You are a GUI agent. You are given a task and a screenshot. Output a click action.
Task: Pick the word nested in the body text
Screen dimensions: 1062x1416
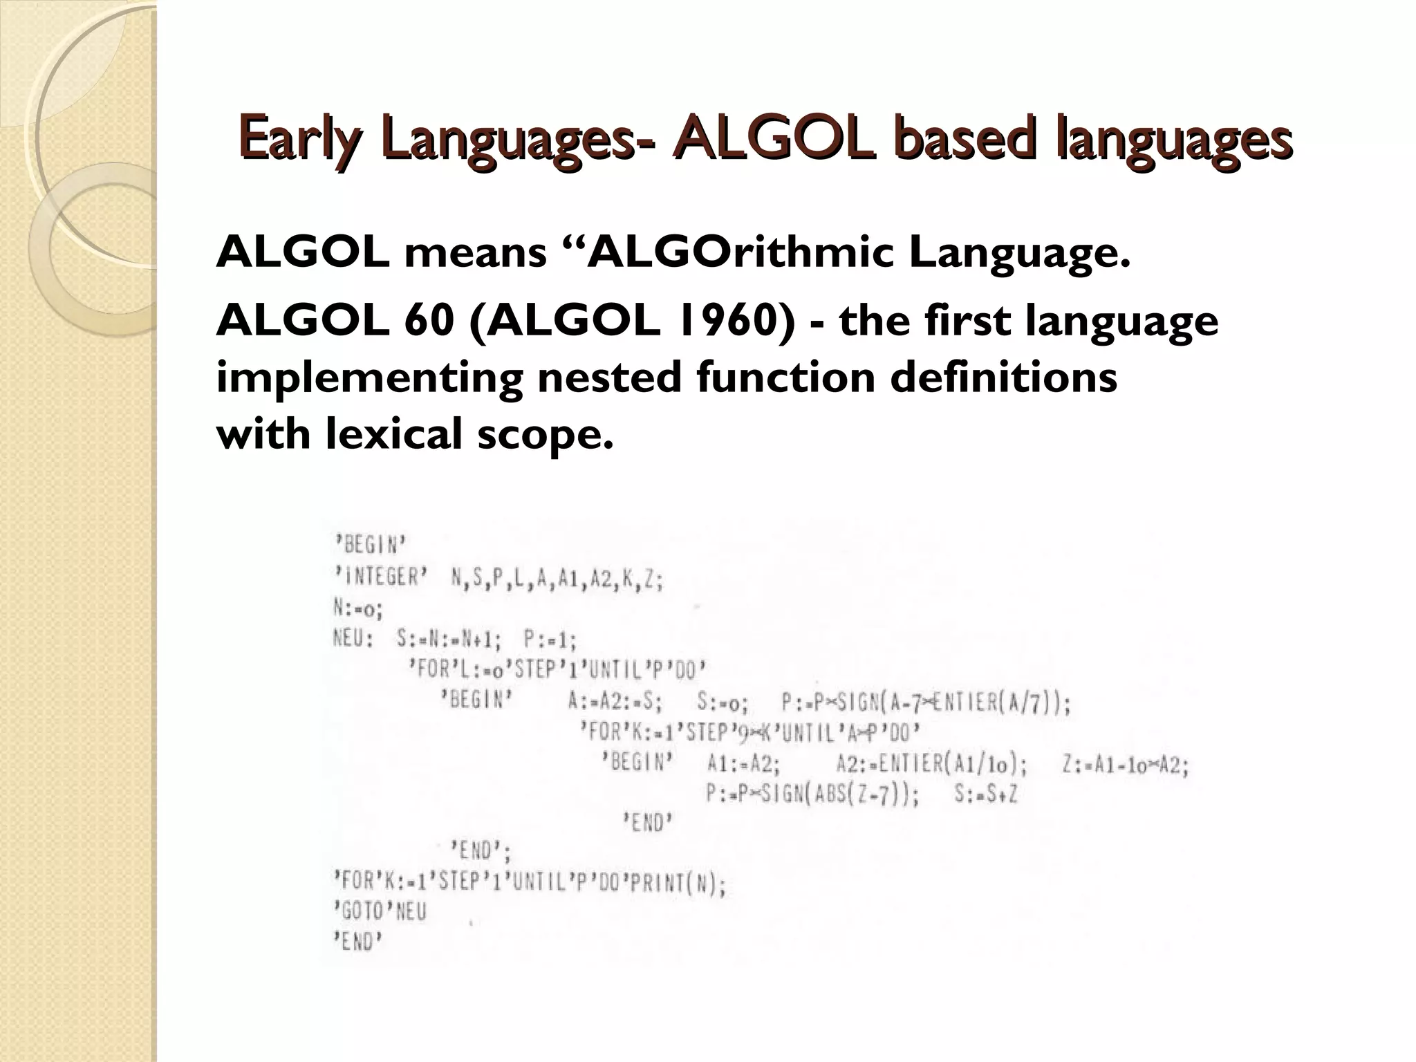coord(608,378)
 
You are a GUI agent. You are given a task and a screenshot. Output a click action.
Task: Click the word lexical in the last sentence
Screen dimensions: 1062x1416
coord(394,434)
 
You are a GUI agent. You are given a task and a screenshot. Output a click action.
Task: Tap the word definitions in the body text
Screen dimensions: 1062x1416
coord(1003,378)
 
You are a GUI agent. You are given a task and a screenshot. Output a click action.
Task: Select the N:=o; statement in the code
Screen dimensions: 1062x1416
coord(357,608)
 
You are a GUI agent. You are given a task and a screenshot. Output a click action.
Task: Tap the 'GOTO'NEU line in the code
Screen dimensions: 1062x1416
coord(380,912)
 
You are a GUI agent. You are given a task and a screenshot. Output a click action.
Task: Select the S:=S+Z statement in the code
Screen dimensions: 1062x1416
coord(986,795)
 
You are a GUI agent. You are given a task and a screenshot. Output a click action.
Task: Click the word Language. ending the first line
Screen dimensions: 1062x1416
coord(1019,253)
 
